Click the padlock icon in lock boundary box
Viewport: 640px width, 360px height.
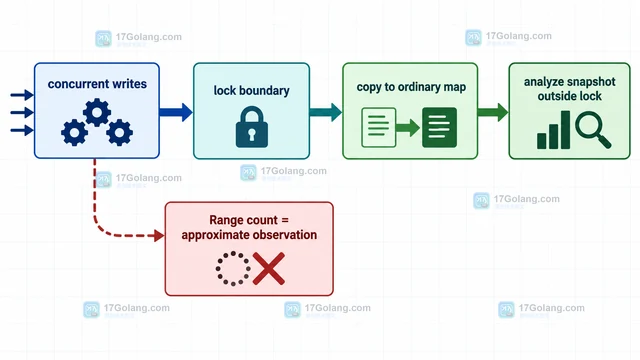point(252,127)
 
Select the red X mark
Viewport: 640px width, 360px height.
point(269,268)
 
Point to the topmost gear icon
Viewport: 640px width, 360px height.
point(97,112)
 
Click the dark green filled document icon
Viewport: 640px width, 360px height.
point(439,127)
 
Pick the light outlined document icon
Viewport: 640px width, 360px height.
point(378,127)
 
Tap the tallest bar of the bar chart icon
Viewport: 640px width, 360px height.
point(565,129)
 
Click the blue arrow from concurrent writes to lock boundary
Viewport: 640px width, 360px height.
point(176,112)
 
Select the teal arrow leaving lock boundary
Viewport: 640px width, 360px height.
point(325,112)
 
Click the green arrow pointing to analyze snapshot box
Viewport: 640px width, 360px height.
point(493,112)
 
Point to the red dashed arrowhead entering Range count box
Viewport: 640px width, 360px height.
point(159,236)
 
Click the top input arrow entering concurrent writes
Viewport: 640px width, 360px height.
point(22,95)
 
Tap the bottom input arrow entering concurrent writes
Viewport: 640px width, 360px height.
point(22,131)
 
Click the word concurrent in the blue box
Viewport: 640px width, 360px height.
point(73,84)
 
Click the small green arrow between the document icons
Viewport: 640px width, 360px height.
point(408,128)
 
